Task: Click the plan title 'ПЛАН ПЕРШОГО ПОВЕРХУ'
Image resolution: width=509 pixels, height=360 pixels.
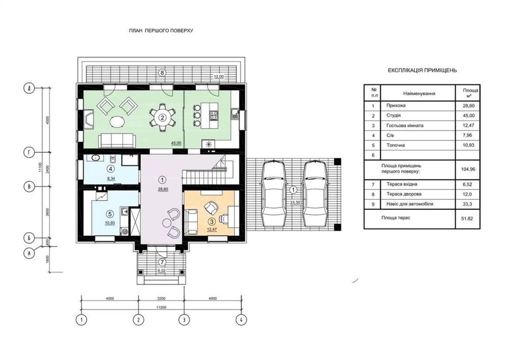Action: (x=161, y=31)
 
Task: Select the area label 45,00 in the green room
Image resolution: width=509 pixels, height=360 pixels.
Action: (x=176, y=143)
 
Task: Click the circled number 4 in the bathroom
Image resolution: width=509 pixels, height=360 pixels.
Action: (x=111, y=169)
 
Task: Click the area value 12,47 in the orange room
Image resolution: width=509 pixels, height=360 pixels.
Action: (x=211, y=230)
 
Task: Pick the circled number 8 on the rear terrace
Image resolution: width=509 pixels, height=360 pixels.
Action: (x=163, y=73)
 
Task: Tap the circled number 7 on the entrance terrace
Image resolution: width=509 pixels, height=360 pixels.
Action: (x=162, y=262)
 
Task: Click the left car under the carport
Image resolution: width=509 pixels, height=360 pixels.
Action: (x=274, y=193)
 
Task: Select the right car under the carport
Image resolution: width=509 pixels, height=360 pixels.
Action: (x=315, y=193)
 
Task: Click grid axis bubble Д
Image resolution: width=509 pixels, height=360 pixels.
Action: (x=29, y=88)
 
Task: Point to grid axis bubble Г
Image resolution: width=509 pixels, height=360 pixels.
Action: (x=29, y=152)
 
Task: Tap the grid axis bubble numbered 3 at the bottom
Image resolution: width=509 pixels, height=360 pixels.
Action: (x=184, y=320)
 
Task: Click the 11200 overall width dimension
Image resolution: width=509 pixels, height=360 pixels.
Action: (x=161, y=307)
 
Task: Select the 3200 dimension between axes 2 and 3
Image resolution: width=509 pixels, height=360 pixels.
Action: (x=161, y=299)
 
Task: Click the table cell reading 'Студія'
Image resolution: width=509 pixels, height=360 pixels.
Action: (x=393, y=116)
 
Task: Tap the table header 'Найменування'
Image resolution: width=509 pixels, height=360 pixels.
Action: (x=419, y=93)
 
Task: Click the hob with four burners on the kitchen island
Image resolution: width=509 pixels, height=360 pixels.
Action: (x=214, y=116)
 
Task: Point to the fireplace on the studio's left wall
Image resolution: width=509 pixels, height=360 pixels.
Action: (x=89, y=119)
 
